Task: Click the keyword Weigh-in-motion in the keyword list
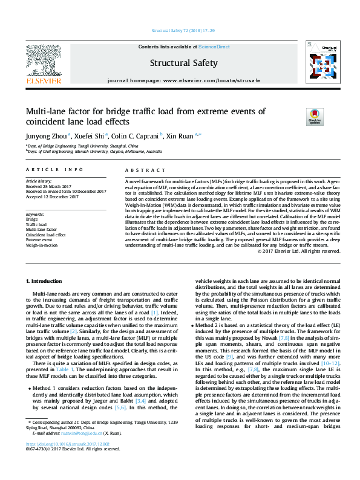pyautogui.click(x=42, y=245)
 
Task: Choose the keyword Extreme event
pyautogui.click(x=39, y=239)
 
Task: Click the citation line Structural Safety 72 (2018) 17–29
pyautogui.click(x=180, y=30)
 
